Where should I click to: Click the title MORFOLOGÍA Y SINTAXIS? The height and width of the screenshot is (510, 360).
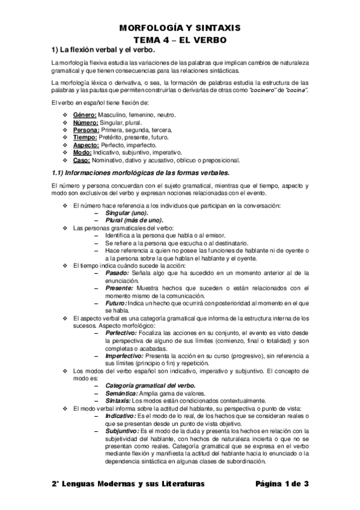(179, 28)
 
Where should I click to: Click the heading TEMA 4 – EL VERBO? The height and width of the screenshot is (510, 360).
(179, 38)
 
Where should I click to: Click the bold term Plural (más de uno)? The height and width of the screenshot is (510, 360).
(134, 221)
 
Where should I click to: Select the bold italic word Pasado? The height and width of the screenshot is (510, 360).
(117, 273)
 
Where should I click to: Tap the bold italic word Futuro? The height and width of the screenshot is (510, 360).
(116, 303)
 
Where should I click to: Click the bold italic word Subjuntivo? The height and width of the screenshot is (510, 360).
(121, 431)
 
